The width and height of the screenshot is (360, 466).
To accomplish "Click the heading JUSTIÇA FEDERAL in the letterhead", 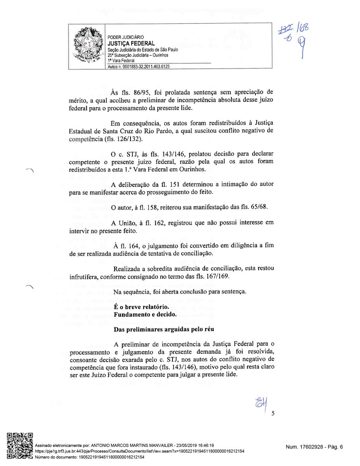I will pos(131,43).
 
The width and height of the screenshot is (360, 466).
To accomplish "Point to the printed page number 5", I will pos(273,413).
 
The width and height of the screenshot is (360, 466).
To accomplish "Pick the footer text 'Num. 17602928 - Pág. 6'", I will pos(314,447).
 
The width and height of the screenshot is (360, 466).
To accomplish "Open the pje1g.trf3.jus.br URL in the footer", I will pos(139,451).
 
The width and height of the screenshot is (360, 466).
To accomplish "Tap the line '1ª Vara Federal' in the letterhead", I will pos(121,61).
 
